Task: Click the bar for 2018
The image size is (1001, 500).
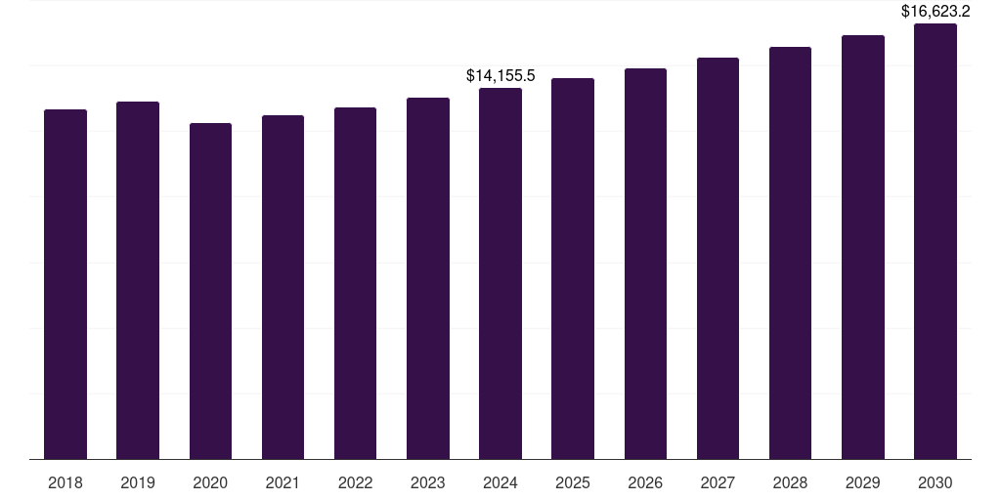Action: tap(65, 283)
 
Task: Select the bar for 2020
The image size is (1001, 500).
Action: tap(210, 290)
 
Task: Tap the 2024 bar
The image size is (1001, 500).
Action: tap(500, 272)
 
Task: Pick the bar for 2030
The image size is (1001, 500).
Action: tap(936, 240)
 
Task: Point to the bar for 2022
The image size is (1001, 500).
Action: tap(355, 282)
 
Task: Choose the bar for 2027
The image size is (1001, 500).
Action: tap(718, 258)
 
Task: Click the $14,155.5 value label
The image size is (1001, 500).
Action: tap(500, 75)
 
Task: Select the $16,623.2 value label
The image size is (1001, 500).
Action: tap(936, 11)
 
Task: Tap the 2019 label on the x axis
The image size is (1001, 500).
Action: tap(138, 482)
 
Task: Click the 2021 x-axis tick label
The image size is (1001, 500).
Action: tap(283, 482)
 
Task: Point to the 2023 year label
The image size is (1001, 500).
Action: tap(428, 482)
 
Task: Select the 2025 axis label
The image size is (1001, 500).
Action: tap(573, 482)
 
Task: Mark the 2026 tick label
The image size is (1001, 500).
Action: tap(645, 482)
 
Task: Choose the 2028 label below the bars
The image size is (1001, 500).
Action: tap(790, 482)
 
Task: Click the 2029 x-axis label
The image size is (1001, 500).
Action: tap(862, 482)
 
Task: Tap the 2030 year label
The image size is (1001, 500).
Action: tap(936, 482)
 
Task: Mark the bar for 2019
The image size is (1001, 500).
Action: tap(138, 279)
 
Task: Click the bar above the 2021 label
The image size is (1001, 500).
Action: tap(283, 286)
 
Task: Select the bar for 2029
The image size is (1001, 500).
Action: tap(862, 246)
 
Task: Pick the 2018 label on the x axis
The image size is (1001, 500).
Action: tap(65, 482)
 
